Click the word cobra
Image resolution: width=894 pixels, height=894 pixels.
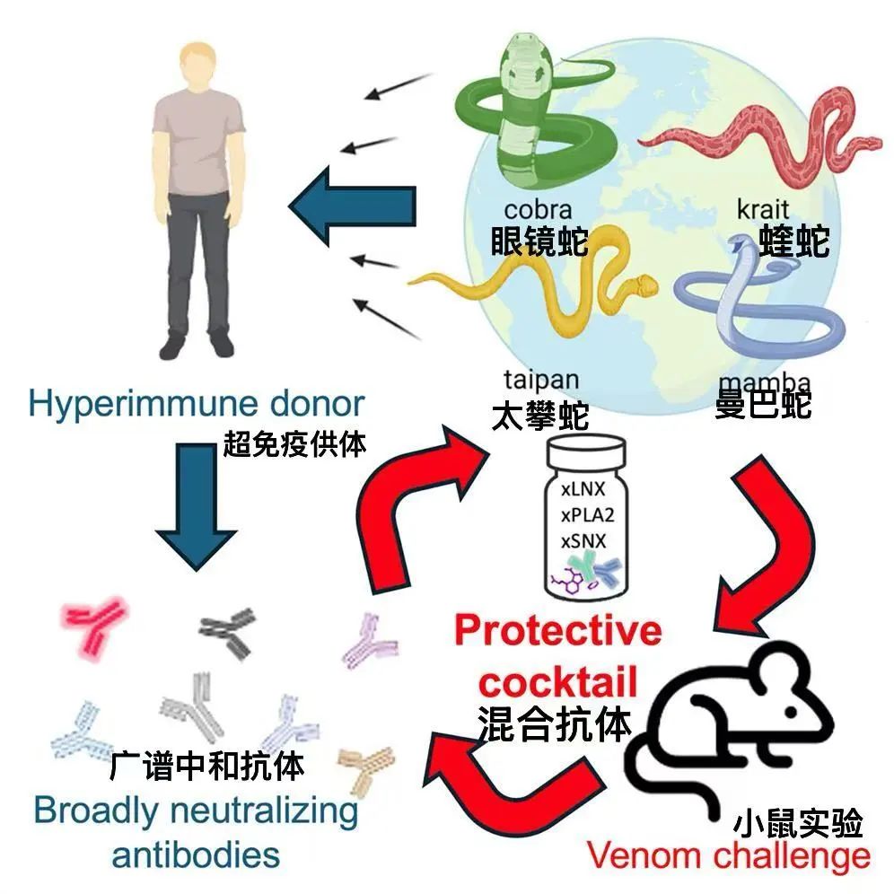point(539,209)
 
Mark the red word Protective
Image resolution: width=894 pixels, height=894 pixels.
point(557,631)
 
